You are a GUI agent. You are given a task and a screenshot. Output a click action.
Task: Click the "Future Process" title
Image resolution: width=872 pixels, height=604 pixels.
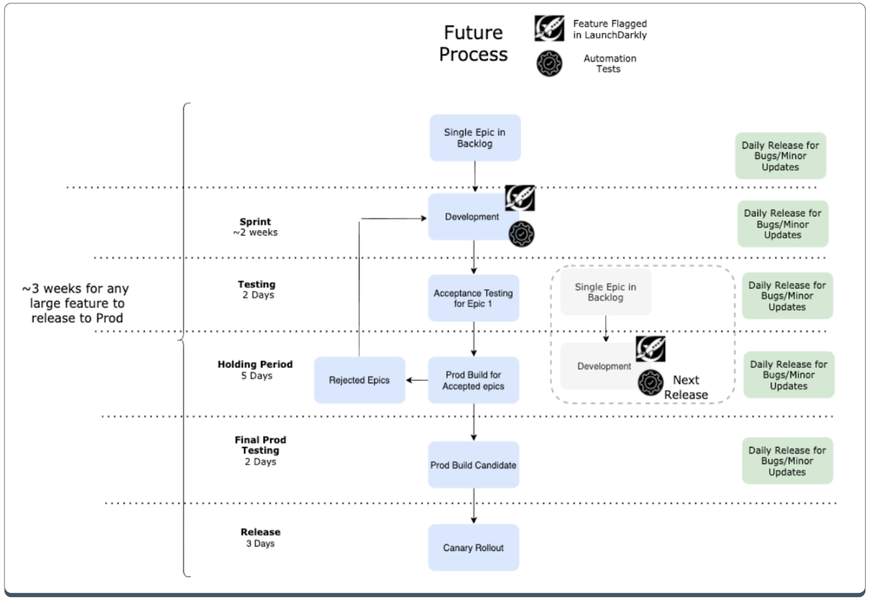473,43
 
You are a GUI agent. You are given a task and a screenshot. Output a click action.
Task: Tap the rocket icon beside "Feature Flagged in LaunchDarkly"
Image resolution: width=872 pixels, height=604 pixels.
549,28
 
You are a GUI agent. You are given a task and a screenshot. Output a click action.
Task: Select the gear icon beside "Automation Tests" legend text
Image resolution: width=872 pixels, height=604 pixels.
549,64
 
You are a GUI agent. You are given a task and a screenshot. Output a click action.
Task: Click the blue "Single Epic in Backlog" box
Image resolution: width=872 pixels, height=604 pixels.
475,138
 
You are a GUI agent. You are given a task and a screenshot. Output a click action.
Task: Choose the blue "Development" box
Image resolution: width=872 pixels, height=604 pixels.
472,217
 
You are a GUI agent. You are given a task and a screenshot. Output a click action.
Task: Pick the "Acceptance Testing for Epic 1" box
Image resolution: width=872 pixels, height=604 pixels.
473,298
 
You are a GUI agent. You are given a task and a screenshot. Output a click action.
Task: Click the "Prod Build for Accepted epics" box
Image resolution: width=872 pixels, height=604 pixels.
473,380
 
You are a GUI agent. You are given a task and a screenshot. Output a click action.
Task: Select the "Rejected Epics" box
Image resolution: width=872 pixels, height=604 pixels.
359,380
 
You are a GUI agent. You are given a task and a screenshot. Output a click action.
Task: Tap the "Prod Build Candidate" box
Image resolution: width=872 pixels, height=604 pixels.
473,465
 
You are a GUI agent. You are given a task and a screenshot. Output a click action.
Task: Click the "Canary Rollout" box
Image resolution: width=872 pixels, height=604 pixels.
473,548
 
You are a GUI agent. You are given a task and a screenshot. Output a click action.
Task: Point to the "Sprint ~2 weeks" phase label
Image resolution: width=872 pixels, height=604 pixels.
255,227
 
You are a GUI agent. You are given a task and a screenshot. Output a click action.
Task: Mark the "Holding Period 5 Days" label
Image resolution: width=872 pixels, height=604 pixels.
256,370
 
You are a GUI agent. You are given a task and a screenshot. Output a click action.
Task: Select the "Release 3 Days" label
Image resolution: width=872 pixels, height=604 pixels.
261,537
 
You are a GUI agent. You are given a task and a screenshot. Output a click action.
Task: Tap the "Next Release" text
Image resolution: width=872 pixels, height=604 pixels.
686,387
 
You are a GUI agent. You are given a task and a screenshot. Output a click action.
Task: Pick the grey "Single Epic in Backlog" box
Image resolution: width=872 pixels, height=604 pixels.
605,292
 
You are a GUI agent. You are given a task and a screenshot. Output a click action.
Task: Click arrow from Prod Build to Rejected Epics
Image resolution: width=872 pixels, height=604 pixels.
417,380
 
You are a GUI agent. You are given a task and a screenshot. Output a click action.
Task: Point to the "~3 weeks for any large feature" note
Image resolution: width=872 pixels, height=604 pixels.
76,303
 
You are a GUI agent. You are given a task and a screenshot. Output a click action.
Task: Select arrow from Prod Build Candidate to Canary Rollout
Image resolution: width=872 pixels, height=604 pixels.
474,506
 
